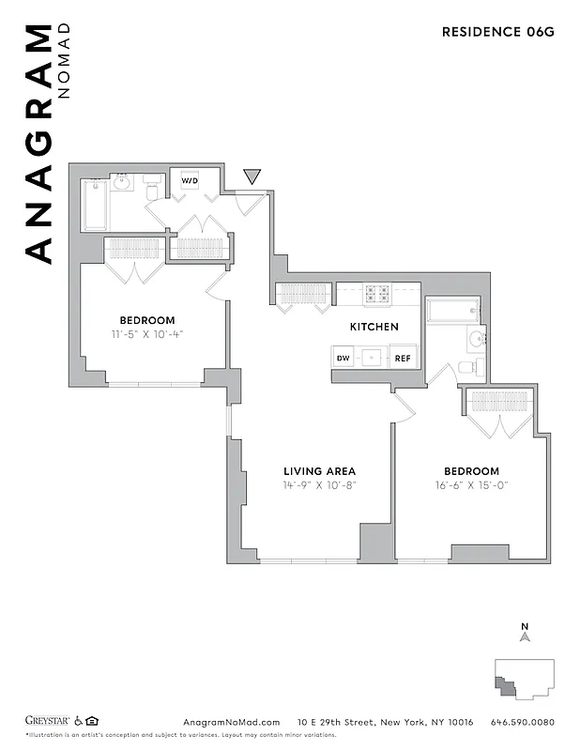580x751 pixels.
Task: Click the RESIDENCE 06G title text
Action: pyautogui.click(x=497, y=32)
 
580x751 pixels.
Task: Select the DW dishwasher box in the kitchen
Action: pyautogui.click(x=343, y=358)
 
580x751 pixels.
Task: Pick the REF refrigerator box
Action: pyautogui.click(x=403, y=358)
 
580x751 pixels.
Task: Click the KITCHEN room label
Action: pyautogui.click(x=374, y=327)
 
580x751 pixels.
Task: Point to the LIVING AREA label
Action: pyautogui.click(x=320, y=471)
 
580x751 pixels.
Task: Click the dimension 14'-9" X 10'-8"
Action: pyautogui.click(x=320, y=485)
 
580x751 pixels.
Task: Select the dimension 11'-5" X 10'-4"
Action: pyautogui.click(x=146, y=333)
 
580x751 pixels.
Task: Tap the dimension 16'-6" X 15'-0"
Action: pyautogui.click(x=472, y=485)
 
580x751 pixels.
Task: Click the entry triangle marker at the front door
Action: pyautogui.click(x=252, y=176)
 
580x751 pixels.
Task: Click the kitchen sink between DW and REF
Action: pyautogui.click(x=373, y=358)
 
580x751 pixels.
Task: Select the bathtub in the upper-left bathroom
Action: pyautogui.click(x=96, y=205)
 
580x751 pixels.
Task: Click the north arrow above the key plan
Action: pyautogui.click(x=526, y=637)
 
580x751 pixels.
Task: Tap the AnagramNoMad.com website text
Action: pyautogui.click(x=231, y=722)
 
